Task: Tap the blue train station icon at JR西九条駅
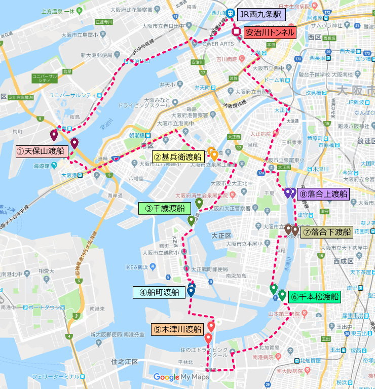pyautogui.click(x=230, y=14)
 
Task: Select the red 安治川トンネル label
pyautogui.click(x=269, y=32)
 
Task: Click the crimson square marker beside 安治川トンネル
pyautogui.click(x=237, y=32)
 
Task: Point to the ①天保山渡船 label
pyautogui.click(x=41, y=151)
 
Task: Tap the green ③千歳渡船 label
pyautogui.click(x=164, y=208)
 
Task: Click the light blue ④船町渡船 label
pyautogui.click(x=159, y=292)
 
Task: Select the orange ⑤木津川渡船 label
pyautogui.click(x=177, y=329)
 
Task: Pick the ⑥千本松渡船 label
pyautogui.click(x=314, y=297)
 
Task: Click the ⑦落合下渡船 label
pyautogui.click(x=327, y=232)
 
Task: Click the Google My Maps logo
pyautogui.click(x=181, y=377)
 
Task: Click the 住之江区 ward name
pyautogui.click(x=124, y=361)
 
